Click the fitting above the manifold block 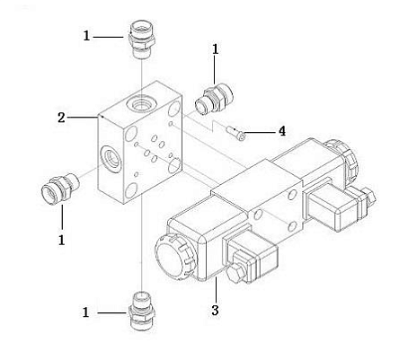tap(142, 40)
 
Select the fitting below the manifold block tap(142, 310)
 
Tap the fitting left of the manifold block tap(60, 189)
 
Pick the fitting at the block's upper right tap(214, 100)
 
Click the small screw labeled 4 tap(236, 134)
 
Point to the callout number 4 tap(282, 131)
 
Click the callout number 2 tap(61, 118)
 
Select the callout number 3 tap(215, 311)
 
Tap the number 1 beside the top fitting tap(86, 36)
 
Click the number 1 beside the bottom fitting tap(86, 312)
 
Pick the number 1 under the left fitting tap(61, 240)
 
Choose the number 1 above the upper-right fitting tap(215, 49)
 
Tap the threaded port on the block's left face tap(111, 158)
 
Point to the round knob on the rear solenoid tap(342, 159)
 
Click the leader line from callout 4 tap(261, 132)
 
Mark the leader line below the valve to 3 tap(216, 290)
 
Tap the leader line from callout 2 tap(83, 118)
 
